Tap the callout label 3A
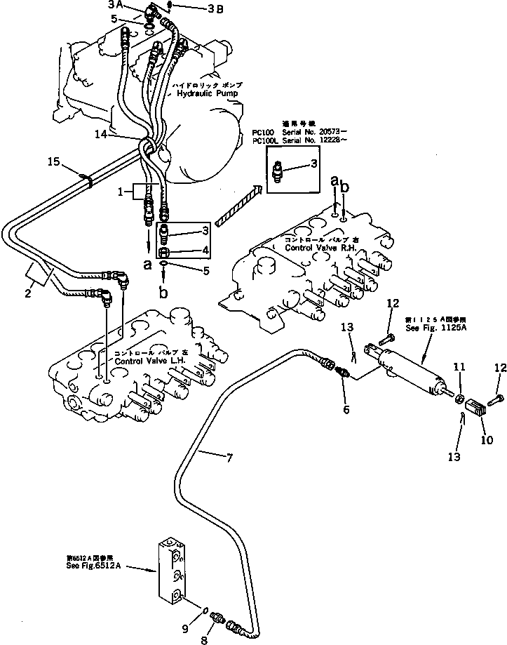115,5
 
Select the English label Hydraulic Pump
208,93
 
